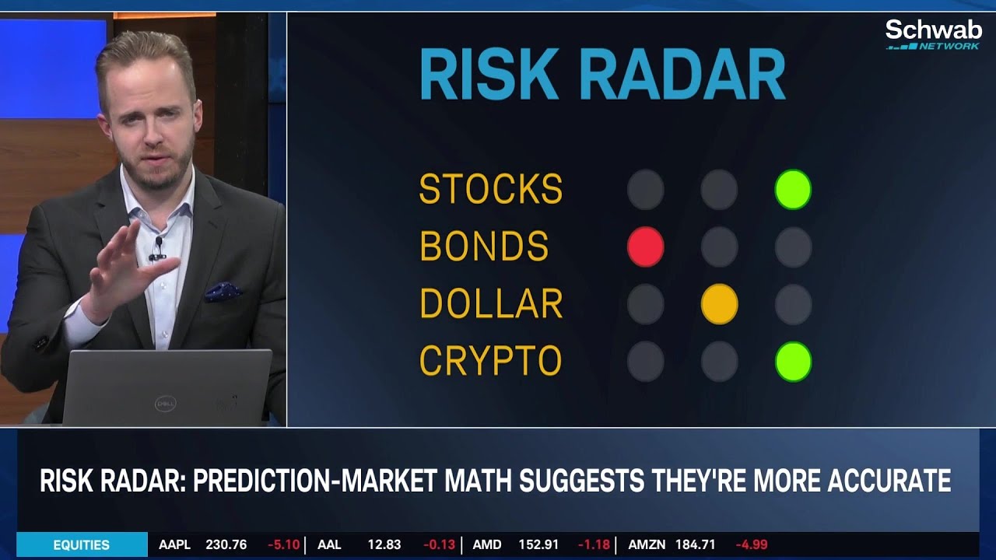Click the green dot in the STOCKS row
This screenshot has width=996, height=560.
[793, 190]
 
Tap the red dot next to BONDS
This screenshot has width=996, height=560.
[645, 247]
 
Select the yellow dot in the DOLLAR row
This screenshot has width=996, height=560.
[719, 304]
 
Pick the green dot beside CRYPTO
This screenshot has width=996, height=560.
[793, 362]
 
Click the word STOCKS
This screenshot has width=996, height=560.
[490, 189]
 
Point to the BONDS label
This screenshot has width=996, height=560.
[484, 247]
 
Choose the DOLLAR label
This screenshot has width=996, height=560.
[490, 303]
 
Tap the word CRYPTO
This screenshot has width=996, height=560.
[490, 361]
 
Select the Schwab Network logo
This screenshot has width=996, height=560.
[932, 35]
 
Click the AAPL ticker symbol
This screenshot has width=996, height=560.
[174, 544]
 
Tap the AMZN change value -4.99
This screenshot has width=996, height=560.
[751, 544]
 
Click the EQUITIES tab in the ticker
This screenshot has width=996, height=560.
[82, 544]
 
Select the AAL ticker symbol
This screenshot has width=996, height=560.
[329, 544]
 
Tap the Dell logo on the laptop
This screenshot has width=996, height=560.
[165, 403]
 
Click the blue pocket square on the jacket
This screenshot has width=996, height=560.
[223, 292]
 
